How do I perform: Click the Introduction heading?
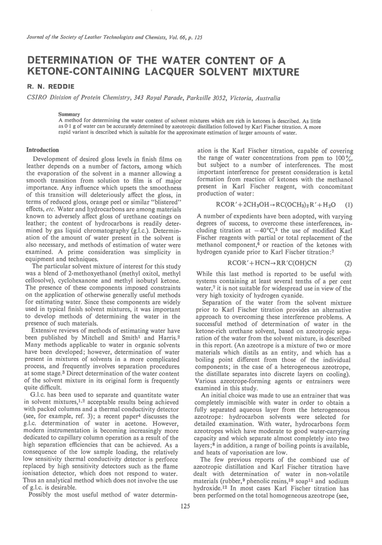point(43,150)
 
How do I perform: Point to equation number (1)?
point(348,205)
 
